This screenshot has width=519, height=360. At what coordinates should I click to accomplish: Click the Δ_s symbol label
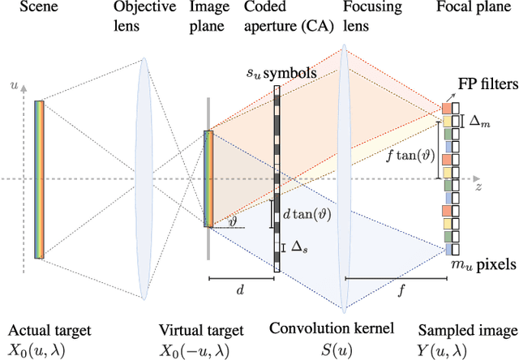pos(298,246)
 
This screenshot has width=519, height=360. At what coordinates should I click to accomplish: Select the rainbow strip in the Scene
pos(39,178)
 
